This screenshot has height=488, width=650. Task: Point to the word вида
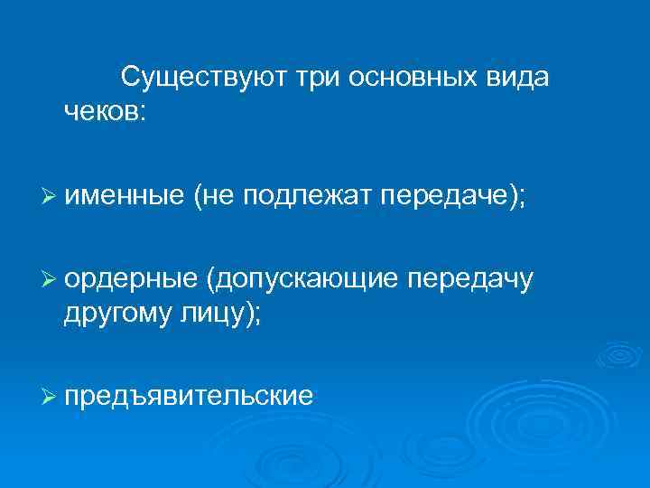click(519, 78)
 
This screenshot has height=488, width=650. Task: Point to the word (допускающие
click(302, 280)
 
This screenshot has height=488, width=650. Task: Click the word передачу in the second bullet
click(470, 280)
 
